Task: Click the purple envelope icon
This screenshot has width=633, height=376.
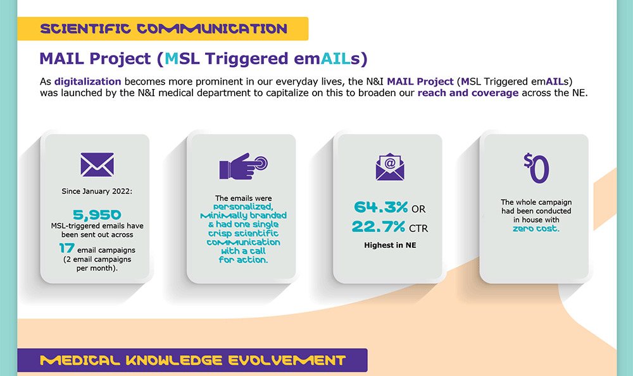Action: [x=97, y=164]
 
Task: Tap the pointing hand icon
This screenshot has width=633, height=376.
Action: [x=244, y=166]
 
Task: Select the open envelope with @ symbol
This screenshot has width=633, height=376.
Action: [x=390, y=166]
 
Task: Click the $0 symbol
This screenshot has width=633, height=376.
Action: [x=536, y=168]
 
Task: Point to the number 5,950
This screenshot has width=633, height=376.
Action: [x=97, y=215]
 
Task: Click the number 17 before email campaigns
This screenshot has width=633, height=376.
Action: [x=66, y=248]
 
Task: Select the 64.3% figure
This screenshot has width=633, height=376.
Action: [x=380, y=207]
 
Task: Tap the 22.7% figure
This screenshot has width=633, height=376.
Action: [x=379, y=226]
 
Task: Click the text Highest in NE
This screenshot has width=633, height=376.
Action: [x=390, y=245]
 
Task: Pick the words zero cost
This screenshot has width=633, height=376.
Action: [x=536, y=229]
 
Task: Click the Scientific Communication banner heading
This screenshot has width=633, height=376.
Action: [x=163, y=28]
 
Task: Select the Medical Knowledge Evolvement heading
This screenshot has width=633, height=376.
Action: [x=193, y=360]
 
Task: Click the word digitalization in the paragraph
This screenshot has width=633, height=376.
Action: [x=87, y=82]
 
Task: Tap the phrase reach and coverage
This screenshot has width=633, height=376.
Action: [x=468, y=93]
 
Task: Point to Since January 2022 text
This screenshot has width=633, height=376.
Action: [x=97, y=191]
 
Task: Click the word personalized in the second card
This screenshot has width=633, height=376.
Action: [x=244, y=207]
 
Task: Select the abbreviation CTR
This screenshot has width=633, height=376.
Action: [x=418, y=229]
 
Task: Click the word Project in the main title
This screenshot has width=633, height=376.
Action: [x=120, y=59]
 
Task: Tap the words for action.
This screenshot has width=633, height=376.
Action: [x=244, y=260]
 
